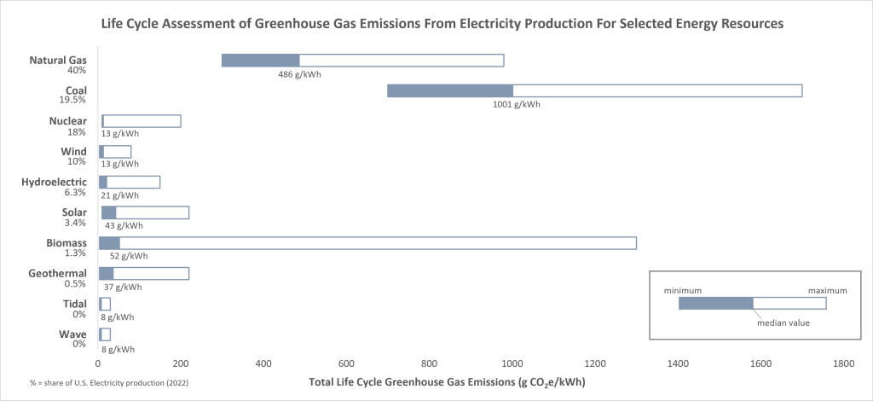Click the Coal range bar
[x=594, y=91]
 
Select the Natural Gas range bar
[x=362, y=61]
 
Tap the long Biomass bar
[x=367, y=243]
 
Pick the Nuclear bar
[x=141, y=121]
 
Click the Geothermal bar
[x=144, y=274]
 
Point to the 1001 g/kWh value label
[x=517, y=104]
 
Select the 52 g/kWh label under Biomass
[x=129, y=256]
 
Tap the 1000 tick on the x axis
[x=512, y=363]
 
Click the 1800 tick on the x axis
[x=843, y=363]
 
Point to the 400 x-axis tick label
[x=263, y=363]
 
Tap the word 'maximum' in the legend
[x=827, y=290]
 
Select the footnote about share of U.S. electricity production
[x=107, y=381]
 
